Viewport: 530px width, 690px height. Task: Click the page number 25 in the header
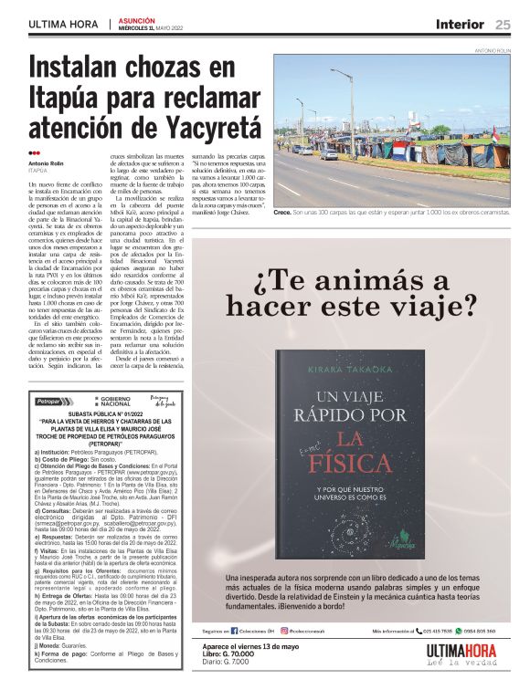[x=503, y=24]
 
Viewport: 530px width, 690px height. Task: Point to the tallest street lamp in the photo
[x=351, y=105]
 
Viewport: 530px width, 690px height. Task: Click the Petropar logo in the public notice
[x=52, y=401]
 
